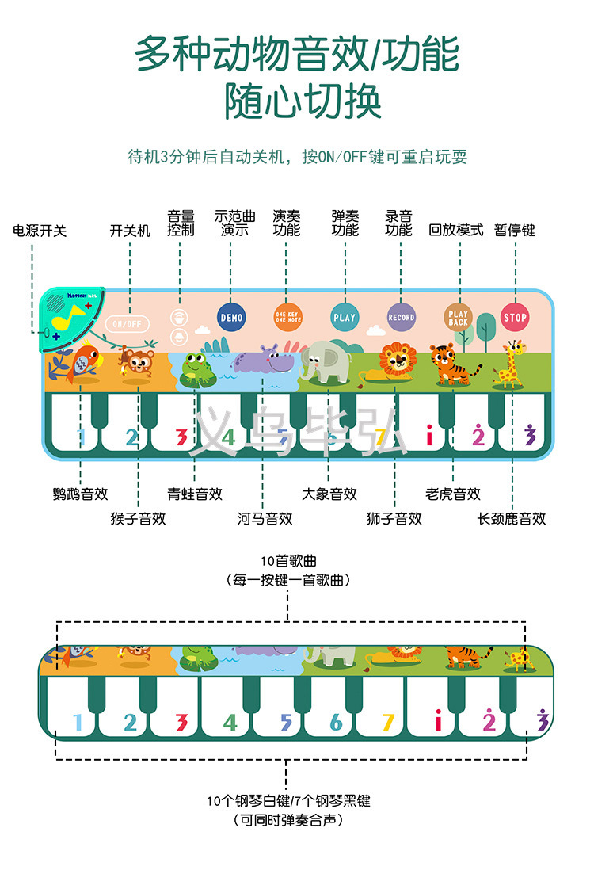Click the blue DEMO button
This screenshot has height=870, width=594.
coord(232,317)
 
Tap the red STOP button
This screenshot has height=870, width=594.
coord(515,318)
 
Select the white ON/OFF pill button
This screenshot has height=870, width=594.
coord(127,323)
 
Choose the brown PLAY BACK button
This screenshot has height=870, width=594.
coord(459,318)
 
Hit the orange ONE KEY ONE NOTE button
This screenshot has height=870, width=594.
coord(287,317)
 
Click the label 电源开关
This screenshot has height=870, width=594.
coord(40,231)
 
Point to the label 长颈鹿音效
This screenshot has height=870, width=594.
coord(512,519)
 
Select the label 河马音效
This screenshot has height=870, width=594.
coord(265,519)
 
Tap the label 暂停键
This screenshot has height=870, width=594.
coord(515,231)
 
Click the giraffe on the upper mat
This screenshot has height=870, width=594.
coord(511,364)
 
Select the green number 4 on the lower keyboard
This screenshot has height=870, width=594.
coord(230,722)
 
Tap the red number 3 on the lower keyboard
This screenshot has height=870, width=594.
coord(181,722)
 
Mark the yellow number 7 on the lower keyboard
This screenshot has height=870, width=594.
coord(387,722)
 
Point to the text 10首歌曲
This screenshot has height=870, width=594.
coord(287,562)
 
